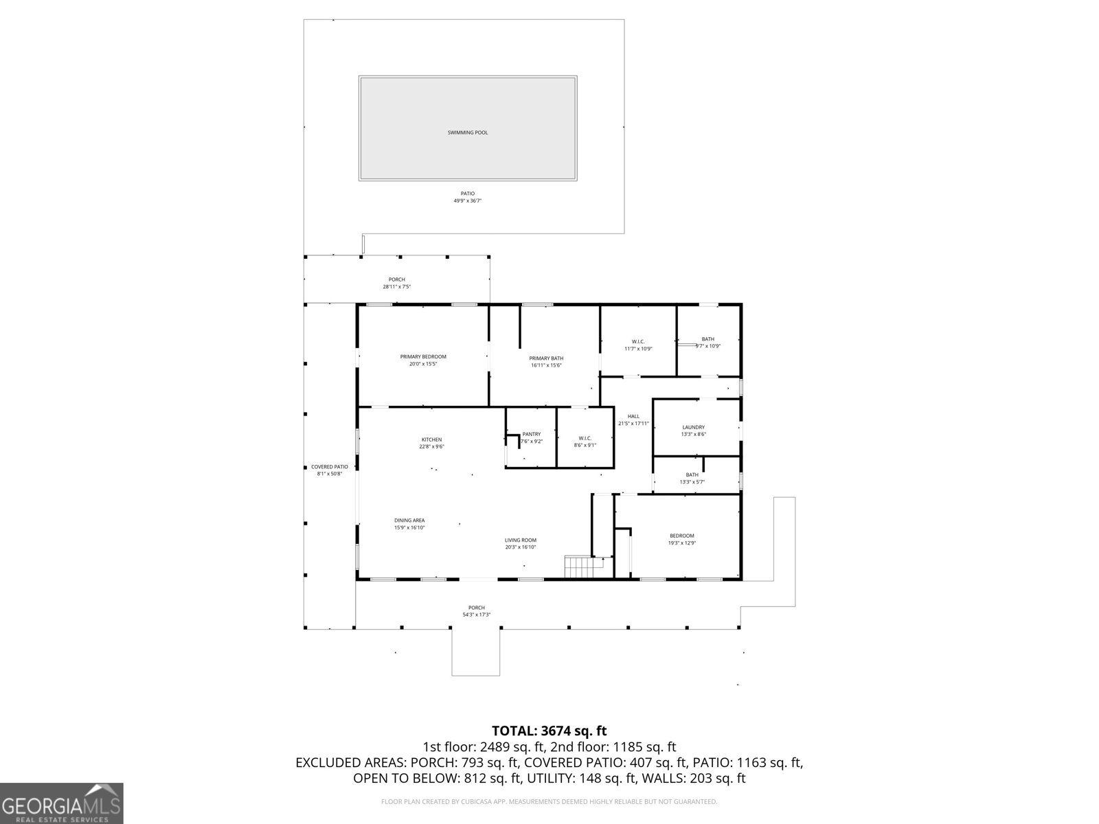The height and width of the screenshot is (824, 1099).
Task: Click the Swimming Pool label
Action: (467, 133)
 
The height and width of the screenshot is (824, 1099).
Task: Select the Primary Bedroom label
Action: (423, 356)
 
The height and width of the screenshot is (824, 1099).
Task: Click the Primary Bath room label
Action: (546, 358)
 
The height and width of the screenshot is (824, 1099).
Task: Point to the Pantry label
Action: (531, 434)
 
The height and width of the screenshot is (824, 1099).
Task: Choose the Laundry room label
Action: (693, 427)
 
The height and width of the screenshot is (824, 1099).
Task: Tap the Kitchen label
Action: (431, 439)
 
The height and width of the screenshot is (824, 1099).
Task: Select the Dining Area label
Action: (409, 520)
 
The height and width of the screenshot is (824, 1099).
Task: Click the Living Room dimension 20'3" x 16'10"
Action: (520, 547)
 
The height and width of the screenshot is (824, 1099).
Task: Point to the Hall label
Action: (633, 416)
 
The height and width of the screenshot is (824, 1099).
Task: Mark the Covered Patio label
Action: (329, 467)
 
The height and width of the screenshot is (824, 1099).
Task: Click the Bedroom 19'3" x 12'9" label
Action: (682, 536)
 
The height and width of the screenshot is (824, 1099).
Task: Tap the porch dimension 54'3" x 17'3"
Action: (476, 615)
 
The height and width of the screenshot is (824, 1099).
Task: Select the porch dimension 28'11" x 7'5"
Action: (396, 287)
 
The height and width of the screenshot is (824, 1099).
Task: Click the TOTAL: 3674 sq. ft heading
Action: (549, 731)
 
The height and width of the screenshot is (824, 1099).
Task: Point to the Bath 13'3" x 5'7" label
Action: (692, 475)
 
